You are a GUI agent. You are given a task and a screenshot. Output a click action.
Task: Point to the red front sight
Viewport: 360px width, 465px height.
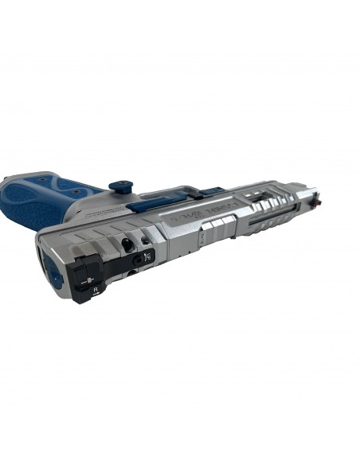point(319,192)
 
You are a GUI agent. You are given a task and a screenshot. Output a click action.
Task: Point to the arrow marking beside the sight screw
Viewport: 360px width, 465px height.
point(148,256)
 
